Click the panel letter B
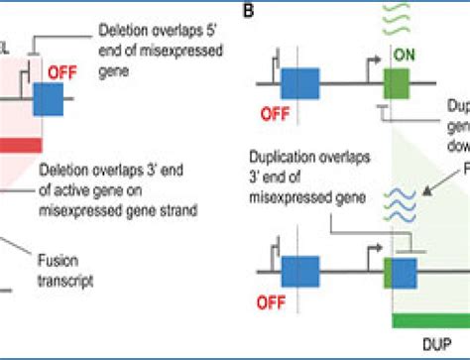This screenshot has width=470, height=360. (x=251, y=12)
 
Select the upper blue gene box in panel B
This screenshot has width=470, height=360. (x=298, y=82)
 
